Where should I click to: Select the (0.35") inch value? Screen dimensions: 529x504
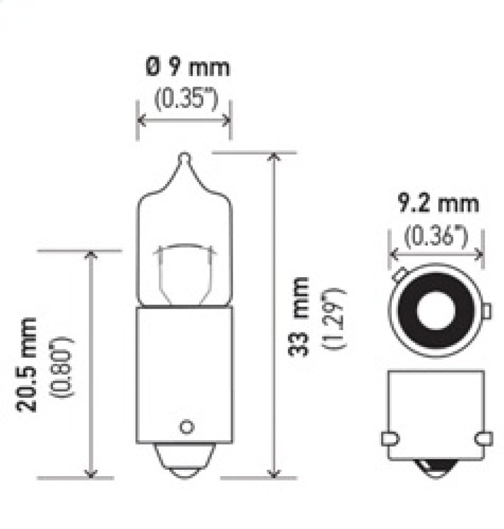(183, 99)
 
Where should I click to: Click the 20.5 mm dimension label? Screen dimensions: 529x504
(27, 364)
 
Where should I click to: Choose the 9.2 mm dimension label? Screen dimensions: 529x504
(437, 203)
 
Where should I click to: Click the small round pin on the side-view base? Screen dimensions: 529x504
(185, 426)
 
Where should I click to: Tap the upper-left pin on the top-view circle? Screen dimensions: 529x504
(398, 275)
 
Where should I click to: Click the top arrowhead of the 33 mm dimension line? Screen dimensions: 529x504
(273, 158)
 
